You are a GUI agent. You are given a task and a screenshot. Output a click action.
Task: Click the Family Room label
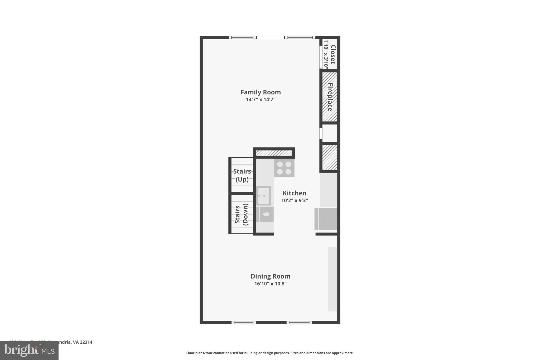[x=261, y=92]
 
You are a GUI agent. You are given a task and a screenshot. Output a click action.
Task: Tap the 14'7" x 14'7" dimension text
[x=261, y=100]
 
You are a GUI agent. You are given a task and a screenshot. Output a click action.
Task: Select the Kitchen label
[x=294, y=193]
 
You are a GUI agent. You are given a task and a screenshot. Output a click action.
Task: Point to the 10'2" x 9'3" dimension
[x=294, y=200]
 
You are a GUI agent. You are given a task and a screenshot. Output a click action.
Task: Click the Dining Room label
[x=270, y=276]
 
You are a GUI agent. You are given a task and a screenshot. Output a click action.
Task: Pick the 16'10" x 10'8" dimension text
[x=270, y=284]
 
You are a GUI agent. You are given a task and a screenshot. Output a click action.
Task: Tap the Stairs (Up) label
[x=242, y=175]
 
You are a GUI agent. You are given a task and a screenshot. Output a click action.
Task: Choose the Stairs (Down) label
[x=242, y=214]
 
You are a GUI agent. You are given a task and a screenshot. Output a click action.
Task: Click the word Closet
[x=333, y=54]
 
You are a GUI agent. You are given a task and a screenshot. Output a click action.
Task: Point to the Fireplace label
[x=330, y=97]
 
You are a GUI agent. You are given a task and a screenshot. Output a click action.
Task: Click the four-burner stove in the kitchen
[x=284, y=168]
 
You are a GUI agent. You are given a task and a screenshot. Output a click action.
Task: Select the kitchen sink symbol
[x=263, y=196]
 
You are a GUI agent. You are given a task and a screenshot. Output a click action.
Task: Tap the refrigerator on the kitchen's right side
[x=326, y=219]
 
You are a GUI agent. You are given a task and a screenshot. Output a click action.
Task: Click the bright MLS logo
[x=29, y=351]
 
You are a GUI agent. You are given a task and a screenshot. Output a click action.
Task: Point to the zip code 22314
[x=86, y=342]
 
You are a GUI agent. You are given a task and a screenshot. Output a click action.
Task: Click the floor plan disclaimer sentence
[x=270, y=353]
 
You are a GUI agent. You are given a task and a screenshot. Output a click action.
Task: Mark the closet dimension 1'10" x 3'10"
[x=326, y=54]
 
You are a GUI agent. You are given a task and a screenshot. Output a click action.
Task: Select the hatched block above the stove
[x=274, y=153]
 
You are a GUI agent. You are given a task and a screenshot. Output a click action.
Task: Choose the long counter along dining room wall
[x=332, y=279]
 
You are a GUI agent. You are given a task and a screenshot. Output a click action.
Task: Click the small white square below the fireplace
[x=330, y=133]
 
